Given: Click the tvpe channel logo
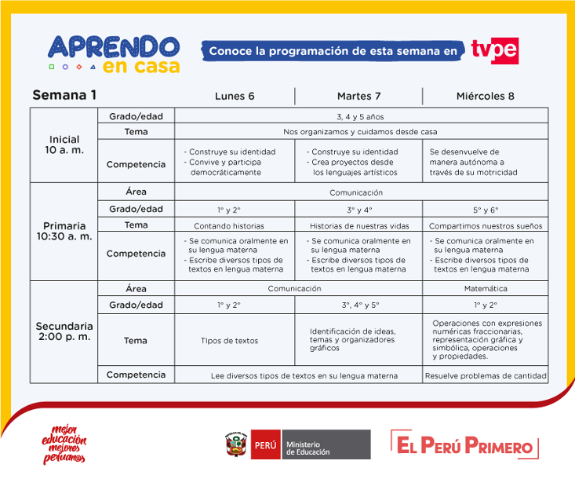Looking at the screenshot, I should [x=495, y=50].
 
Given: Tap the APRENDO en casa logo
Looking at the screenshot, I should [x=114, y=53].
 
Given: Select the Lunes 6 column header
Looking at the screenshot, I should [x=235, y=96].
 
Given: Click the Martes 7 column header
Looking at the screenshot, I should [x=358, y=96].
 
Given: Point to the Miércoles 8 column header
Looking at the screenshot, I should [x=485, y=96].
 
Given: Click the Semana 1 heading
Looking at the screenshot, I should [x=64, y=95].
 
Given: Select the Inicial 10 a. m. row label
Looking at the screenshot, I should [x=64, y=144].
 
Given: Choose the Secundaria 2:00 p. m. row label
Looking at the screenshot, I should [x=64, y=331].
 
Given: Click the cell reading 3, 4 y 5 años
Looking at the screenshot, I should [x=360, y=115].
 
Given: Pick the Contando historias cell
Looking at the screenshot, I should [x=235, y=225].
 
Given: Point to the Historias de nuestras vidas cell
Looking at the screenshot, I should [x=358, y=225].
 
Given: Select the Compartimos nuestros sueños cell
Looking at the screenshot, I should [x=486, y=225].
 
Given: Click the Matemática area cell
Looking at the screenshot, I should [x=486, y=288].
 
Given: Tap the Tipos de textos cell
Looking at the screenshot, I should [x=229, y=341].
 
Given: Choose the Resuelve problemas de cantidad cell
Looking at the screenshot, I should [x=486, y=375].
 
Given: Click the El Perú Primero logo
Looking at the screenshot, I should [x=464, y=446].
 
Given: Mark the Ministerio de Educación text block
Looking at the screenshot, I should [x=326, y=445].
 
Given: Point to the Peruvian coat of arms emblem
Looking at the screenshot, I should [x=235, y=445].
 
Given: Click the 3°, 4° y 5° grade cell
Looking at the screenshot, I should [x=360, y=305].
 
